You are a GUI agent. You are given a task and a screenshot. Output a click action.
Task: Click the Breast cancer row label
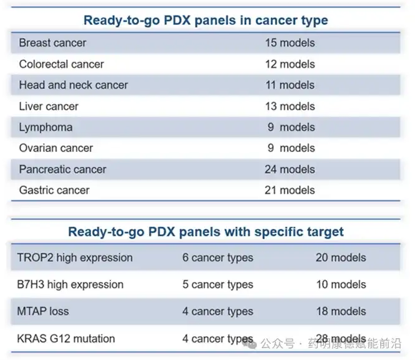click(x=52, y=43)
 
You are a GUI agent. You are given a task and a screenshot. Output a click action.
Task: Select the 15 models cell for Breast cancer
click(x=290, y=43)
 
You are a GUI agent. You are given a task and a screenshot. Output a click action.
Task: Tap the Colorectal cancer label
click(x=61, y=64)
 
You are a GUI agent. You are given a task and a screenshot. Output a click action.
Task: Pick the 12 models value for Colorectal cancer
click(x=290, y=64)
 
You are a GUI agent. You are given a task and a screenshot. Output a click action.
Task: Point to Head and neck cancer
click(x=73, y=85)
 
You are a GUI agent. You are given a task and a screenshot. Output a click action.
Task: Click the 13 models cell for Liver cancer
click(x=290, y=107)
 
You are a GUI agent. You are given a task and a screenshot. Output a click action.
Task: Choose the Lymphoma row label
click(x=45, y=128)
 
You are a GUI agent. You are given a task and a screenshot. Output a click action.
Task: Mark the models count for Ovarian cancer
click(x=290, y=148)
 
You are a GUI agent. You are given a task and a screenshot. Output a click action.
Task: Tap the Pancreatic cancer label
click(x=62, y=169)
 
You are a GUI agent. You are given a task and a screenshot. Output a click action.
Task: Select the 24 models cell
click(x=290, y=169)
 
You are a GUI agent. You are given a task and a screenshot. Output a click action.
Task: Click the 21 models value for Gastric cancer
click(x=290, y=191)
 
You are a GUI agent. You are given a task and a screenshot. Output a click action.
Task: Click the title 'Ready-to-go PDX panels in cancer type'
click(x=206, y=20)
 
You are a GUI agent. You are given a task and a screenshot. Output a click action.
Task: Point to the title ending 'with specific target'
click(x=206, y=232)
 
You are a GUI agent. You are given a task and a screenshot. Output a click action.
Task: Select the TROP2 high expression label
click(x=75, y=258)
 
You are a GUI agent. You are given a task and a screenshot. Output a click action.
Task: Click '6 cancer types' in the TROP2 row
click(x=217, y=258)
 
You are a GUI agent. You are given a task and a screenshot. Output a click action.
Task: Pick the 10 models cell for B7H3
click(x=340, y=285)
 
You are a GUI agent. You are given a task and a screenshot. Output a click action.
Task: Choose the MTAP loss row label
click(x=44, y=311)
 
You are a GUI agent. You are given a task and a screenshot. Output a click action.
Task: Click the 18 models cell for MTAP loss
click(x=340, y=311)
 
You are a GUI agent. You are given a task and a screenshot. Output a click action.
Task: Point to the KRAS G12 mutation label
click(x=67, y=339)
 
